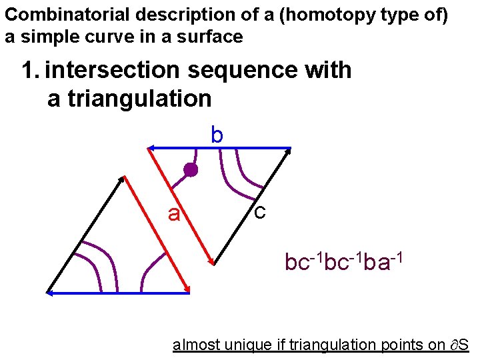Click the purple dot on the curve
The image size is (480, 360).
pos(191,170)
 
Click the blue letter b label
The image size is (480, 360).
pos(217,135)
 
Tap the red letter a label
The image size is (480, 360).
pos(174,214)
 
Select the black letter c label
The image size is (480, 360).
pos(260,211)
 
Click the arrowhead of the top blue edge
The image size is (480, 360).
pos(152,147)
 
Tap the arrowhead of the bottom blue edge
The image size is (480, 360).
pos(51,292)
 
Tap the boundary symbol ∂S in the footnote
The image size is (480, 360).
pos(458,345)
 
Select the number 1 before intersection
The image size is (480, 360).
pos(27,69)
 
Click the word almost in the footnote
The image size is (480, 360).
pos(193,345)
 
